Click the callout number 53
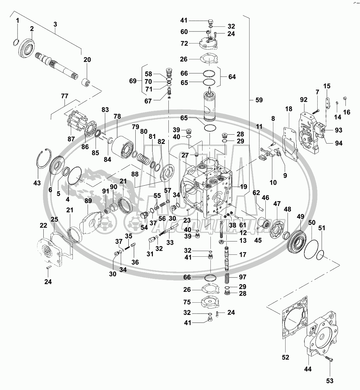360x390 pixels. point(330,381)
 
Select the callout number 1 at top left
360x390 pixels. point(18,21)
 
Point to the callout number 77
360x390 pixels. point(65,96)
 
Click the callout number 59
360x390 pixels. point(259,100)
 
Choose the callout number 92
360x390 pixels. point(304,100)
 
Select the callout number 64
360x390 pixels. point(232,77)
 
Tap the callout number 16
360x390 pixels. point(346,112)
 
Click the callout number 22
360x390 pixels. point(43,226)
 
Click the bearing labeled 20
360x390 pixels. point(87,81)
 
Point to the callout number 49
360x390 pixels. point(300,217)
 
